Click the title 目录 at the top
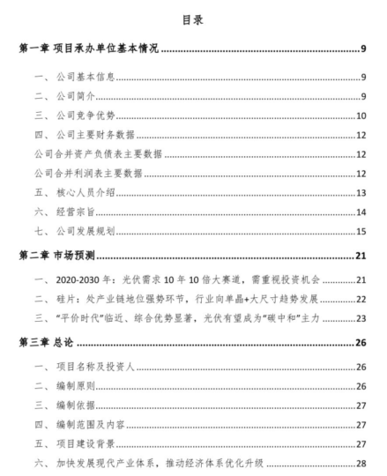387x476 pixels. (193, 18)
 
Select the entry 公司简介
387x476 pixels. (86, 95)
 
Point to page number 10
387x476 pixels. (361, 115)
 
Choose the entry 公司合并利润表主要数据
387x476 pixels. (99, 174)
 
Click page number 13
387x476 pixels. (361, 193)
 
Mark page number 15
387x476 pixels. (361, 232)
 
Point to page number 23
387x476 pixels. (361, 320)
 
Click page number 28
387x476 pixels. (361, 465)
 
